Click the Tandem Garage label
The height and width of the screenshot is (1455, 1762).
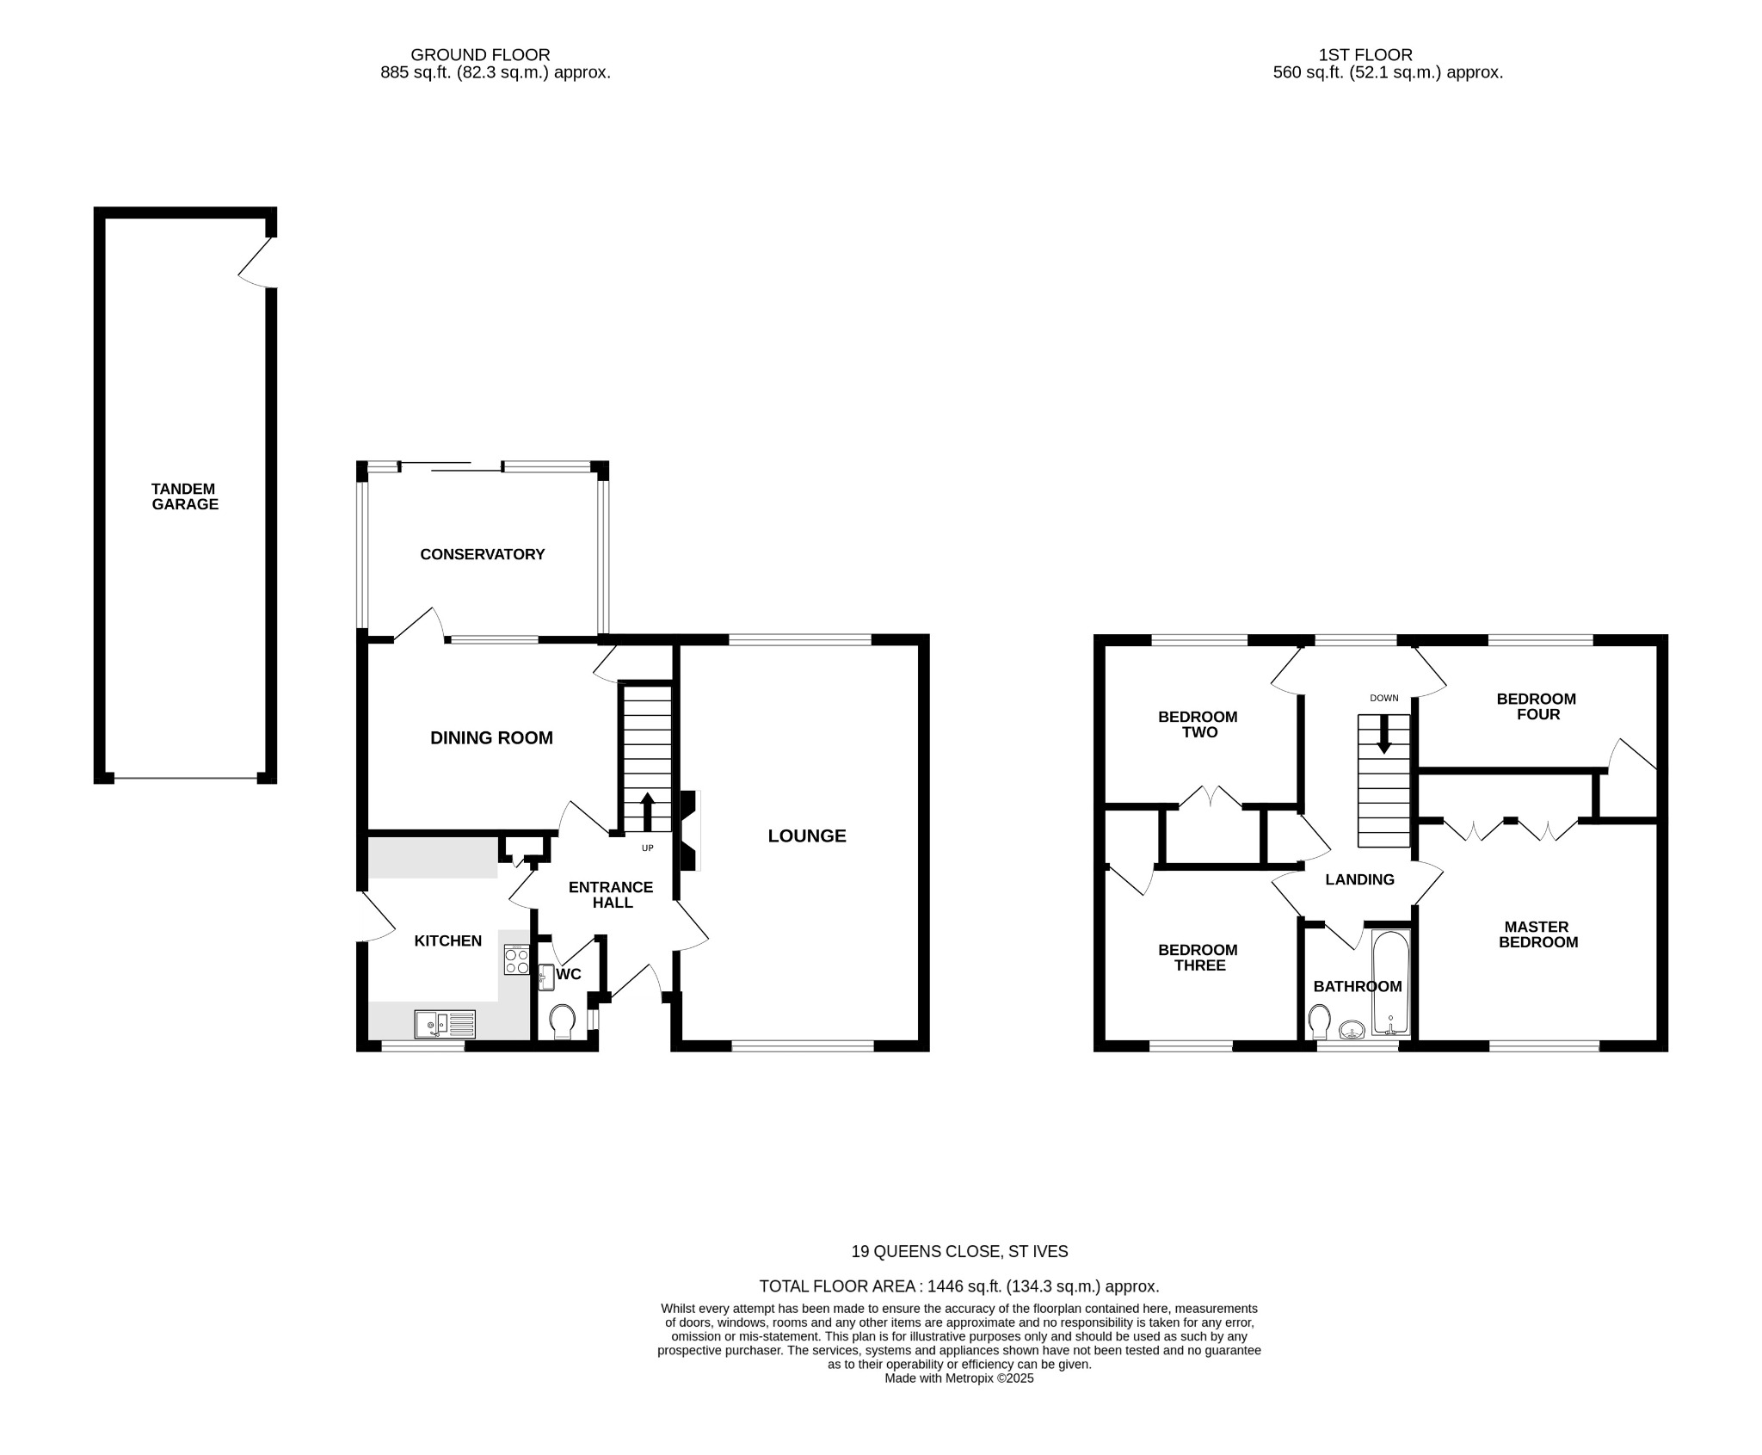tap(185, 496)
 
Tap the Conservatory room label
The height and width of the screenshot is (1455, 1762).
tap(482, 554)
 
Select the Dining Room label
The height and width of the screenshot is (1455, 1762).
tap(491, 737)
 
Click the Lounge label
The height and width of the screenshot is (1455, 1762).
tap(806, 835)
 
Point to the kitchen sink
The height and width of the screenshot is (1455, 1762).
tap(444, 1024)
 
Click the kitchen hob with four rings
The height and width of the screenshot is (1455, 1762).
tap(516, 960)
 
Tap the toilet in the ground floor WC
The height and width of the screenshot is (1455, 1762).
tap(563, 1020)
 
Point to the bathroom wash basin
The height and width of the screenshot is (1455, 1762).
tap(1352, 1030)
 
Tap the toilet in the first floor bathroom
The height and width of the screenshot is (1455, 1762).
tap(1319, 1022)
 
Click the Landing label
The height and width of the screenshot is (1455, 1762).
tap(1359, 879)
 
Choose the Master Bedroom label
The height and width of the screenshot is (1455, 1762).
tap(1537, 934)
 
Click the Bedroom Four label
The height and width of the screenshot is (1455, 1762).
tap(1537, 706)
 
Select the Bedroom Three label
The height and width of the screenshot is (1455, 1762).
tap(1198, 958)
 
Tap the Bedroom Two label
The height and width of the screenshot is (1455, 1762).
tap(1198, 724)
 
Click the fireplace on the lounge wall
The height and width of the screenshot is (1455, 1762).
tap(690, 830)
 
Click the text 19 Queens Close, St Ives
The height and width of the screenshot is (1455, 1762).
tap(959, 1252)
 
